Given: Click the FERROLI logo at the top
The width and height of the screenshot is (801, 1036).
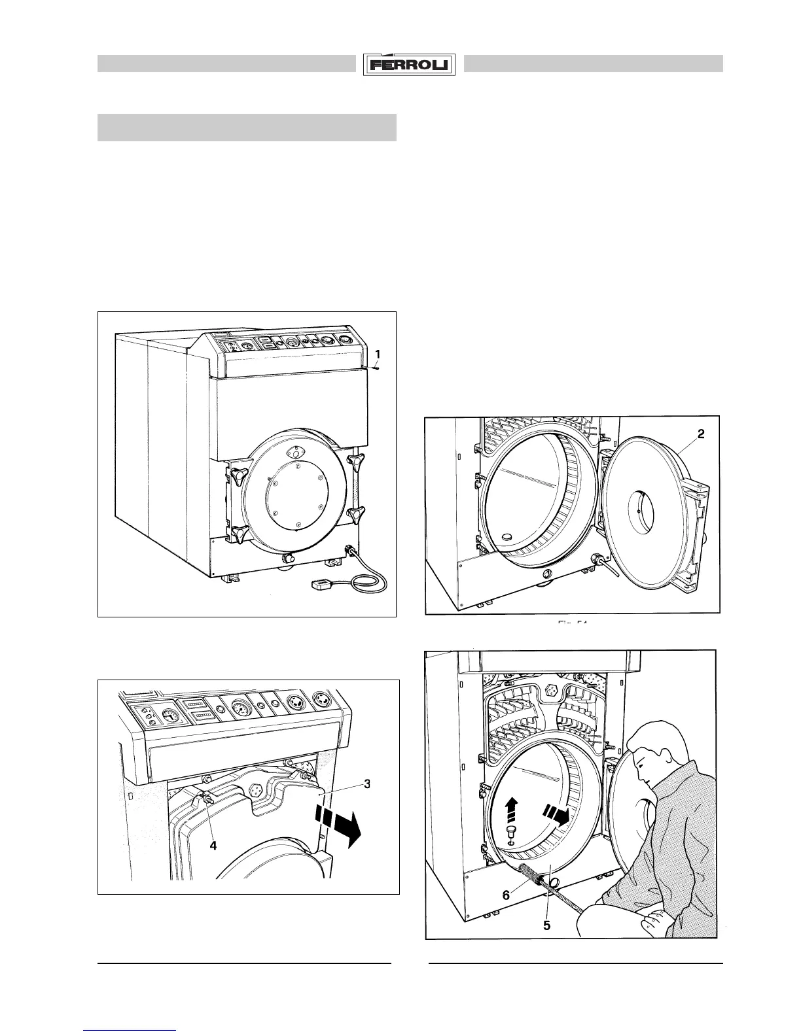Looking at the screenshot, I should pyautogui.click(x=410, y=64).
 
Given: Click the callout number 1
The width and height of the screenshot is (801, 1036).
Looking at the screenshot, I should pyautogui.click(x=378, y=354).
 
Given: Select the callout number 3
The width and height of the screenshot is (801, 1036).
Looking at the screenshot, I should pyautogui.click(x=368, y=784).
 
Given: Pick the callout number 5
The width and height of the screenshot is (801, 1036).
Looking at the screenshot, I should pyautogui.click(x=546, y=925).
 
